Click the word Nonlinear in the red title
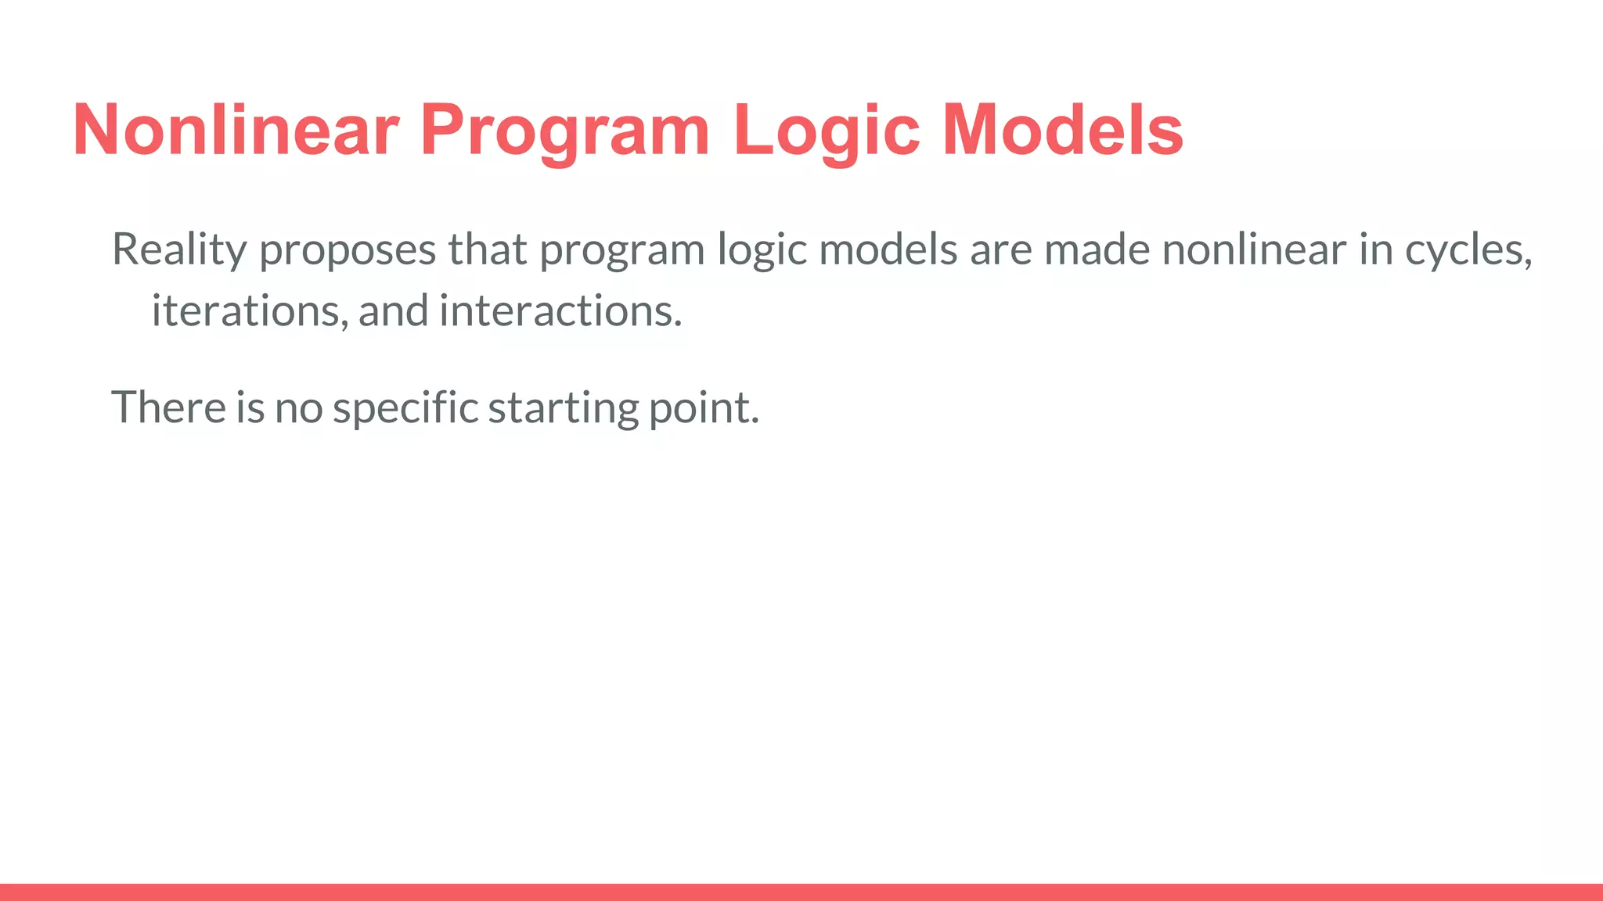point(236,130)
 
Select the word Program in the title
point(564,131)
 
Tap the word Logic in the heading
point(826,131)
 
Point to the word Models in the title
point(1062,130)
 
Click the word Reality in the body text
point(179,250)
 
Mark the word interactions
point(560,311)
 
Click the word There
point(168,407)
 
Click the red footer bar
point(801,892)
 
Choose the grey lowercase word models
point(888,250)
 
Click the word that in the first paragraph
point(487,250)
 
